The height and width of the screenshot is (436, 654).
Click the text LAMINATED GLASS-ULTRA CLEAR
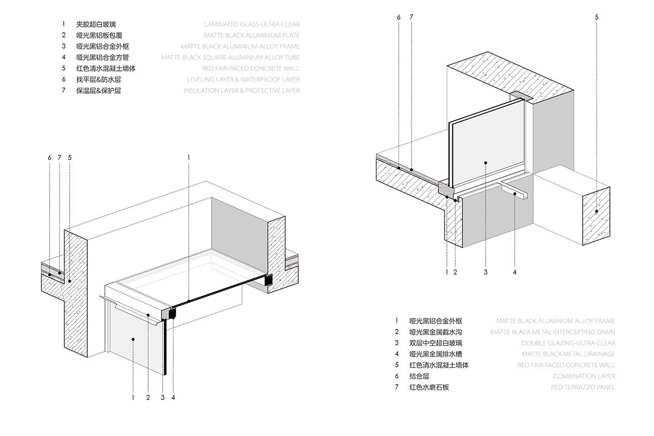pyautogui.click(x=251, y=25)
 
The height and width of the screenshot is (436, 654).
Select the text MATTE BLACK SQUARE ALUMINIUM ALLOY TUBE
pyautogui.click(x=230, y=57)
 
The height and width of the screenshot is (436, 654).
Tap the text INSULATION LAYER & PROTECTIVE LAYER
pyautogui.click(x=241, y=90)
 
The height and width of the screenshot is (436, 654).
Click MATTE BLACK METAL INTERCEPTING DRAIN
pyautogui.click(x=553, y=332)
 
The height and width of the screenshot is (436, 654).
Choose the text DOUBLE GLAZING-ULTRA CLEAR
pyautogui.click(x=568, y=343)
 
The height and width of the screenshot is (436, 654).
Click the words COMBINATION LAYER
pyautogui.click(x=584, y=376)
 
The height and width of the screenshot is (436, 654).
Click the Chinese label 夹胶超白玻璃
pyautogui.click(x=96, y=25)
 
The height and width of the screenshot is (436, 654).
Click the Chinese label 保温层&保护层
pyautogui.click(x=99, y=90)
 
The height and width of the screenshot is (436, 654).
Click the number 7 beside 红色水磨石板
pyautogui.click(x=397, y=387)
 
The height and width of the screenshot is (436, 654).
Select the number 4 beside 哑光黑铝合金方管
pyautogui.click(x=64, y=57)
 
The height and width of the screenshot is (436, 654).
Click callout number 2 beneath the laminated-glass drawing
pyautogui.click(x=148, y=398)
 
